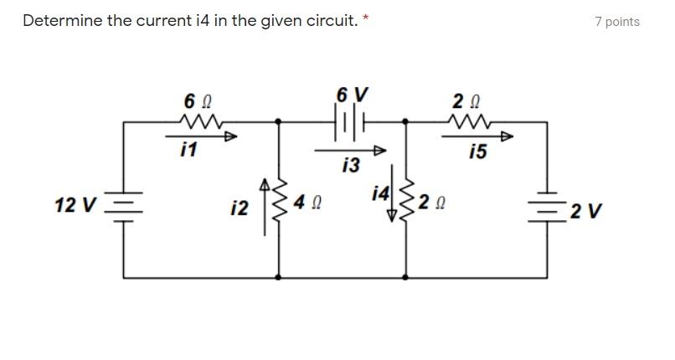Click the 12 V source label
coord(75,205)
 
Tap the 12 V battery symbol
coord(124,206)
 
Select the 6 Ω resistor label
coord(194,101)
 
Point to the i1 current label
coord(188,150)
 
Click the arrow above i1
coord(201,136)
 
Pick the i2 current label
coord(240,208)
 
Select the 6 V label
coord(352,94)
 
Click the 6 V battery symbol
coord(352,122)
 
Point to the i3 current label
coord(351,165)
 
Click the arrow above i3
coord(351,151)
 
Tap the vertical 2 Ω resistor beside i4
coord(406,201)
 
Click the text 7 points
coord(616,22)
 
